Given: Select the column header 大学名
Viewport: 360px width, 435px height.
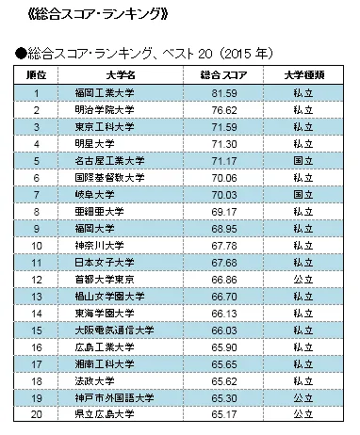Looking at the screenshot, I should pos(121,74).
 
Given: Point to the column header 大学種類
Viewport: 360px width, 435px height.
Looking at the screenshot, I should pos(303,74).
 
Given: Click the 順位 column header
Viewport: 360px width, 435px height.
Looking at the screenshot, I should pos(36,74).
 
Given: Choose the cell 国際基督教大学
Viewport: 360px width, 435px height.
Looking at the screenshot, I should pos(110,177).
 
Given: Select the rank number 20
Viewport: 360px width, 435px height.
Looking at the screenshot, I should pos(36,414).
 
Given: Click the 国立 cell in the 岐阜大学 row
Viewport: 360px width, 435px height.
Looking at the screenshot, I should pos(303,194).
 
